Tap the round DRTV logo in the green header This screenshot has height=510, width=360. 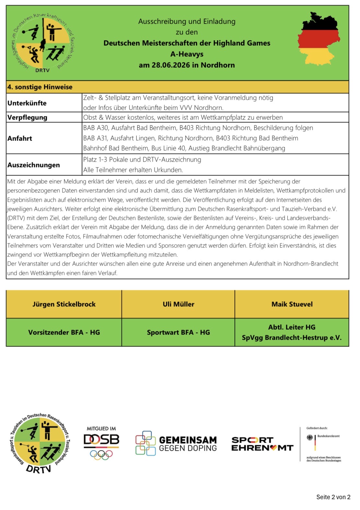pyautogui.click(x=42, y=42)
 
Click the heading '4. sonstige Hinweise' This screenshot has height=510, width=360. pyautogui.click(x=40, y=87)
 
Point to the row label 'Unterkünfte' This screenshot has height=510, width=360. pyautogui.click(x=27, y=103)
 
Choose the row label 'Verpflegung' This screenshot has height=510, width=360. pyautogui.click(x=27, y=118)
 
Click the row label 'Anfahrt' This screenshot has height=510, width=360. pyautogui.click(x=20, y=139)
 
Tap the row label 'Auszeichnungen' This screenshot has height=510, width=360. pyautogui.click(x=34, y=165)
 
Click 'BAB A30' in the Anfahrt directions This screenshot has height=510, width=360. pyautogui.click(x=96, y=128)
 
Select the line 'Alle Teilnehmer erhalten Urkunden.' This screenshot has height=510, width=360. pyautogui.click(x=133, y=170)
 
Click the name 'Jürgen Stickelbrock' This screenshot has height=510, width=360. pyautogui.click(x=64, y=304)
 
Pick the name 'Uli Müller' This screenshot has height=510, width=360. pyautogui.click(x=178, y=304)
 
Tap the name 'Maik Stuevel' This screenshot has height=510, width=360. pyautogui.click(x=292, y=304)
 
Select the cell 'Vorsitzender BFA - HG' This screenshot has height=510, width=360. pyautogui.click(x=64, y=333)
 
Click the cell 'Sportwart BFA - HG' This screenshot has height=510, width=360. pyautogui.click(x=178, y=333)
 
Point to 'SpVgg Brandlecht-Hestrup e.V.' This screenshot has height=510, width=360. pyautogui.click(x=292, y=338)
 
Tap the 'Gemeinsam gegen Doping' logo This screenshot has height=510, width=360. pyautogui.click(x=176, y=444)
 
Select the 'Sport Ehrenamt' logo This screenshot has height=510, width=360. pyautogui.click(x=262, y=444)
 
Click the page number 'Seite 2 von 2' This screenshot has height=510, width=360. pyautogui.click(x=333, y=497)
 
